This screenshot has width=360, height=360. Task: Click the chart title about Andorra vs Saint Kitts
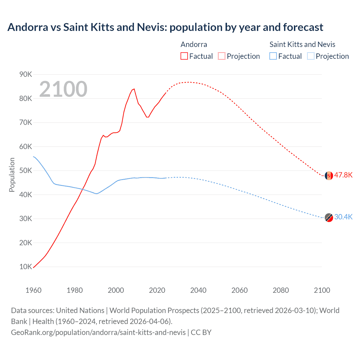click(x=165, y=27)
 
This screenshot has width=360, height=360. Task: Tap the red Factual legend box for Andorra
click(x=184, y=56)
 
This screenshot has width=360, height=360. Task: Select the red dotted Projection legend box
click(x=222, y=56)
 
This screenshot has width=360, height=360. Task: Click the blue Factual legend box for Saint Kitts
click(x=273, y=56)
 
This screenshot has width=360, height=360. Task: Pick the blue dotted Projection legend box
click(x=311, y=56)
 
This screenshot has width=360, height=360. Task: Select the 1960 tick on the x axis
click(x=33, y=290)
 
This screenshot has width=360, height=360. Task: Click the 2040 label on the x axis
click(x=198, y=290)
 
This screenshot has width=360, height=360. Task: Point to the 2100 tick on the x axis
click(x=322, y=290)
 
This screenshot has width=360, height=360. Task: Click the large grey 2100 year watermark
click(x=63, y=89)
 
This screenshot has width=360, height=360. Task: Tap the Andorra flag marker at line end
click(x=329, y=175)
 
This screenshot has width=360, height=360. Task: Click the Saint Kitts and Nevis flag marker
click(x=329, y=217)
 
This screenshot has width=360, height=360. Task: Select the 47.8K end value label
click(x=343, y=175)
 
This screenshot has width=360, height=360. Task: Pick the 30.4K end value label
click(x=343, y=217)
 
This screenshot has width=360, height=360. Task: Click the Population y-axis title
click(x=12, y=175)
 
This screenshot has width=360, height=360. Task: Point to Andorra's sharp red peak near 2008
click(x=134, y=89)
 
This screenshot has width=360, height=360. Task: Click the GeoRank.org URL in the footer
click(x=98, y=332)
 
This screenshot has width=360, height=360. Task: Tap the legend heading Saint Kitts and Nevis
click(x=302, y=44)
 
